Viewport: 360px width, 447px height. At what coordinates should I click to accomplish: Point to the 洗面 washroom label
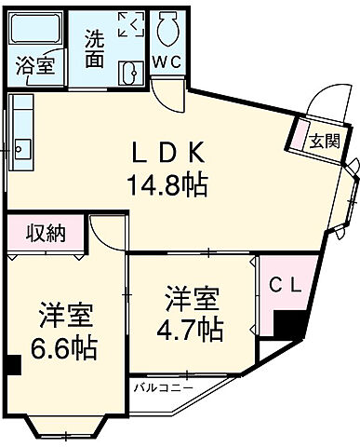coord(95,47)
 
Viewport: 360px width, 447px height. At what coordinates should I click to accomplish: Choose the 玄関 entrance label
coord(323,142)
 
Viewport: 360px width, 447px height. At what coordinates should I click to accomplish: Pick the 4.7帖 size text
coord(193,328)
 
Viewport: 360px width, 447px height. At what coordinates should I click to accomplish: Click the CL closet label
coord(284,287)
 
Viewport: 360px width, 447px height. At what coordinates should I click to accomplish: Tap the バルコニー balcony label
coord(162,386)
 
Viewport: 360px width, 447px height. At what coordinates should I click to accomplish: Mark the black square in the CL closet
coord(290,326)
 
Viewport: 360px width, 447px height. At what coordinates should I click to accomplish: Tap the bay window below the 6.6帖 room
coord(68,427)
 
